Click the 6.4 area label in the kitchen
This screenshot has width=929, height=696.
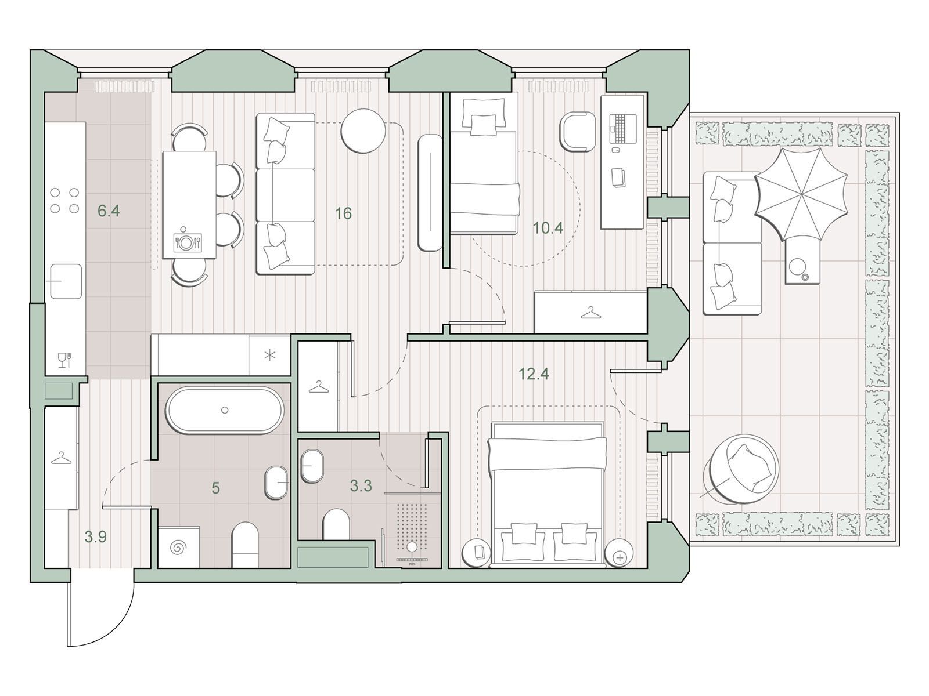click(109, 211)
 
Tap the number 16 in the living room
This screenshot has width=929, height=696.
click(343, 213)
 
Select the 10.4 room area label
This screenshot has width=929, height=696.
click(548, 228)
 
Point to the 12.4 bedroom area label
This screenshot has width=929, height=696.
click(534, 374)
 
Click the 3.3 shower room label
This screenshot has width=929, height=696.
click(361, 486)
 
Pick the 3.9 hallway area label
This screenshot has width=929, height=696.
click(96, 537)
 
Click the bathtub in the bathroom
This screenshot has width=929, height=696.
click(225, 410)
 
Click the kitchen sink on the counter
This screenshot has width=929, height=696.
click(66, 281)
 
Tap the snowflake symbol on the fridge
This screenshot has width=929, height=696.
click(269, 356)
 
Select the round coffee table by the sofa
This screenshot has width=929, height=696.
click(363, 131)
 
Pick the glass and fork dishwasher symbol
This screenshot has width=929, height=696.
click(65, 360)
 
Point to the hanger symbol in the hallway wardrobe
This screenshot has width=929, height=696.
click(62, 459)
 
